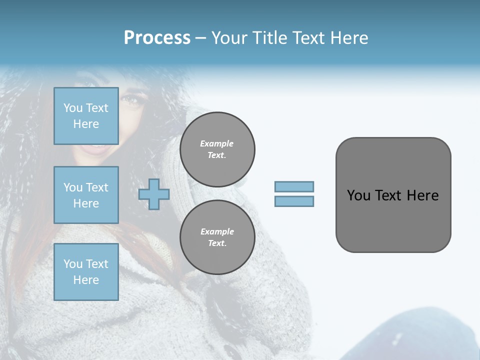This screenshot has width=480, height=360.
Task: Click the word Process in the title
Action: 157,38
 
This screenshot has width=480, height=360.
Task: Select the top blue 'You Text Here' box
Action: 86,116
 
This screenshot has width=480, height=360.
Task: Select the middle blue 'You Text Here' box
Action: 86,195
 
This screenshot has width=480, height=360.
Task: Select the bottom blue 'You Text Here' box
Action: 86,272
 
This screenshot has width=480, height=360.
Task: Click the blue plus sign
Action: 154,194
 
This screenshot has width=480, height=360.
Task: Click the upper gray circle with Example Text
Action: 217,149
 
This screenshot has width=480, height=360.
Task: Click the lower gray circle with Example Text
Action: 217,237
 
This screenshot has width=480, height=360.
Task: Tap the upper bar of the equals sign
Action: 294,187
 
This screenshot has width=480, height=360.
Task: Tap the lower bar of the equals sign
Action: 294,201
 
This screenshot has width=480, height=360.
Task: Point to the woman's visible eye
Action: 131,100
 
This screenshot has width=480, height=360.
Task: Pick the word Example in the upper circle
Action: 217,143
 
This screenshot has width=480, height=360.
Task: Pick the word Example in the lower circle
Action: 217,231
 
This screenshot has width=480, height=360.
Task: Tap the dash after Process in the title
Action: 200,38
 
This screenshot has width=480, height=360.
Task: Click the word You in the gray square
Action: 358,195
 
